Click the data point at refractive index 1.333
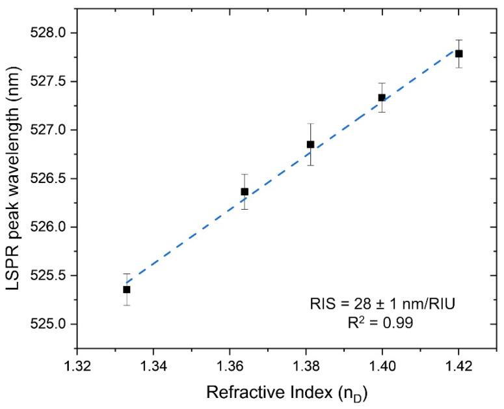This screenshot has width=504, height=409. pyautogui.click(x=127, y=289)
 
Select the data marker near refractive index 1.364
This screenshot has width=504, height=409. pyautogui.click(x=245, y=191)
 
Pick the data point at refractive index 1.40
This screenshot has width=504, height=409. pyautogui.click(x=382, y=98)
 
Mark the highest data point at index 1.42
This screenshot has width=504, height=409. pyautogui.click(x=458, y=53)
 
